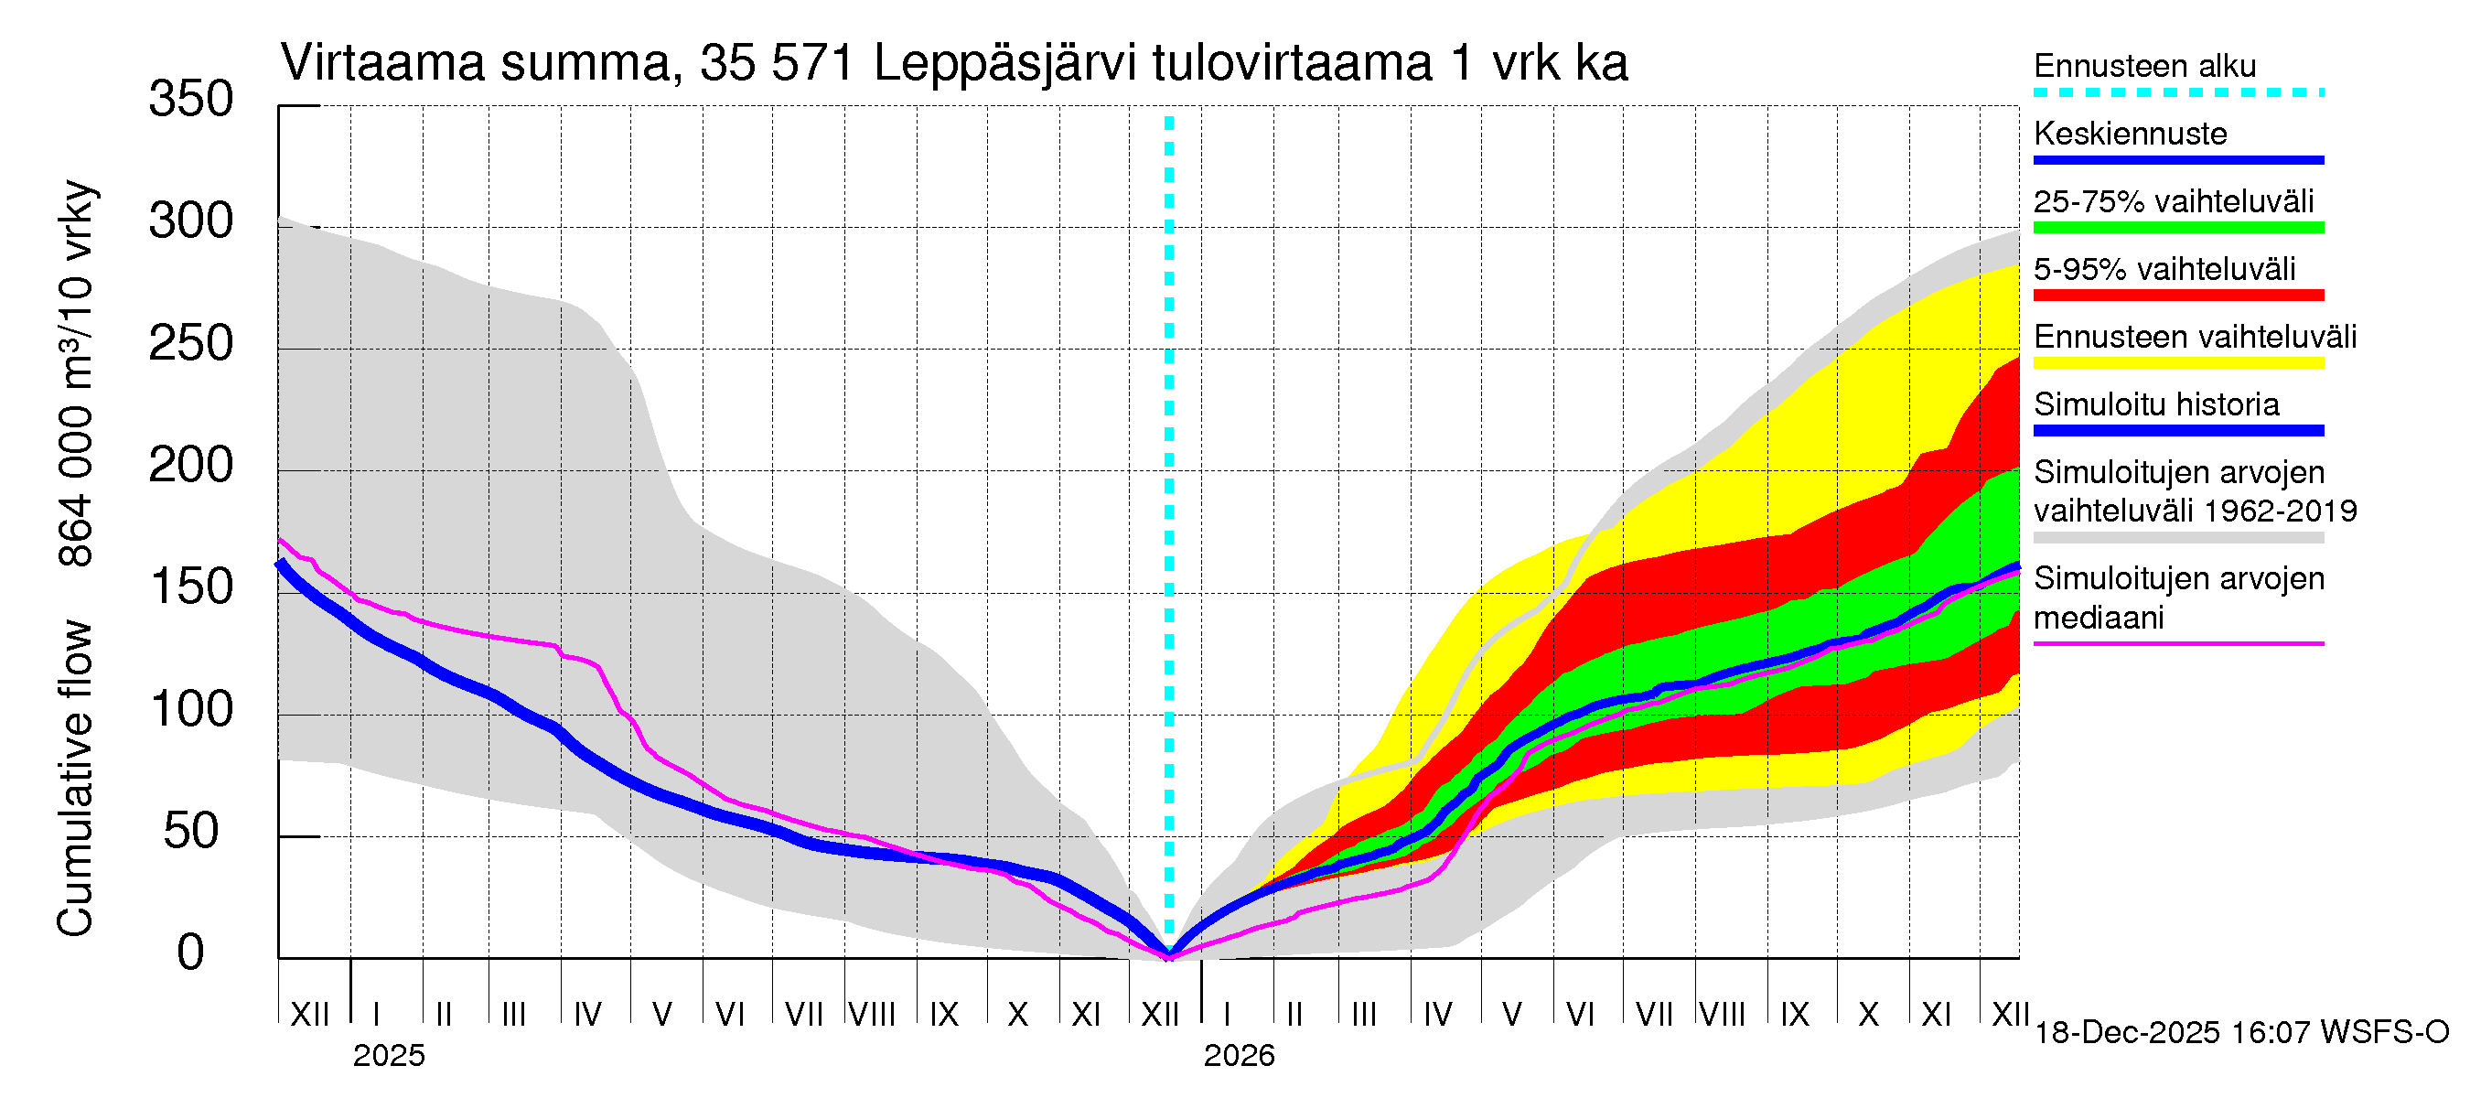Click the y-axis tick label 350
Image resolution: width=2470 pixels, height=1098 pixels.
[x=191, y=100]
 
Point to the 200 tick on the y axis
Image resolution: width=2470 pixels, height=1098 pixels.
[x=191, y=466]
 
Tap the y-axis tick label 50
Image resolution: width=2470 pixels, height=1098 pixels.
[x=191, y=832]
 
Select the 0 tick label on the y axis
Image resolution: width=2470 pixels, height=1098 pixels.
[x=191, y=953]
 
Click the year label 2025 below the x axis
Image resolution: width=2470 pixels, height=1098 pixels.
[x=388, y=1056]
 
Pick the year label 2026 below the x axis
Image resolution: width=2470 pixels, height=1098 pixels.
[x=1239, y=1056]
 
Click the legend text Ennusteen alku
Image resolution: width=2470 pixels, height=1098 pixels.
[x=2144, y=66]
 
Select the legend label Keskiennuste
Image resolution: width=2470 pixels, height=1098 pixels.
[x=2130, y=134]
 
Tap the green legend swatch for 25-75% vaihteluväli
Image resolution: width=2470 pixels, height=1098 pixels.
[x=2177, y=228]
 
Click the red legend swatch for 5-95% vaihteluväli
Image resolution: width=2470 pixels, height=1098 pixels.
[x=2177, y=296]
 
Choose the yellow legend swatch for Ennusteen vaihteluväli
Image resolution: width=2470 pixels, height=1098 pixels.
[x=2177, y=363]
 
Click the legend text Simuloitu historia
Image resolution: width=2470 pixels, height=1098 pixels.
[x=2155, y=404]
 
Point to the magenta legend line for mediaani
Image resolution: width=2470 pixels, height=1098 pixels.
[x=2177, y=643]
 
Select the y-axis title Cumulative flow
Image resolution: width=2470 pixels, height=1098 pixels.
[x=75, y=778]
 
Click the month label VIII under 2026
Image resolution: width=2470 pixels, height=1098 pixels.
[x=1722, y=1015]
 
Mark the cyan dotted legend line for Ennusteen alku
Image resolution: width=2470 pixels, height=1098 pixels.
[x=2177, y=93]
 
